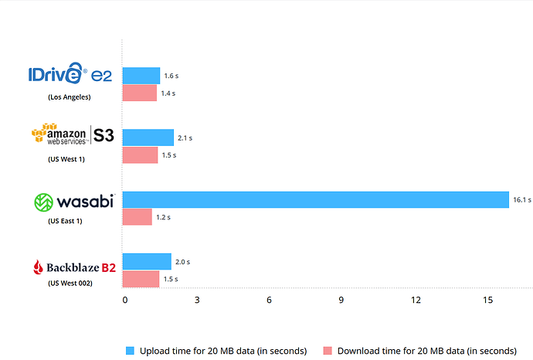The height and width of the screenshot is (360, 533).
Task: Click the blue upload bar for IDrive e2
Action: tap(141, 75)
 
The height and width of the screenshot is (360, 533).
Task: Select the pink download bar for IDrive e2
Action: tap(140, 93)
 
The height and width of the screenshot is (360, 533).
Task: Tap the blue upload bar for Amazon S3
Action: tap(148, 138)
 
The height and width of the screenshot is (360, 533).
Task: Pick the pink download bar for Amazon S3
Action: tap(141, 155)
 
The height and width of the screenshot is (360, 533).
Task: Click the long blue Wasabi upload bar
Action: tap(316, 199)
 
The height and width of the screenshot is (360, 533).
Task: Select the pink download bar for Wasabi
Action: tap(137, 217)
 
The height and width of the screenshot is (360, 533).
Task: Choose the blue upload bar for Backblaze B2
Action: tap(147, 261)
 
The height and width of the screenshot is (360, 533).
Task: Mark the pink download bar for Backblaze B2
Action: tap(141, 279)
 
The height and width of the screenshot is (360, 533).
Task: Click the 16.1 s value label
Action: tap(522, 200)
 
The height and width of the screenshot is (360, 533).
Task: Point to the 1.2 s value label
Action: tap(163, 217)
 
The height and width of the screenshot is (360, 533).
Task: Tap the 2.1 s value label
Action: tap(185, 138)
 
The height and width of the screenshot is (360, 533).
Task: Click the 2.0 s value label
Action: tap(182, 262)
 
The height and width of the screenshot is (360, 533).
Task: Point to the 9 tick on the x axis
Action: tap(341, 300)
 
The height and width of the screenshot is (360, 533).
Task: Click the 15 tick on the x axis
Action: tap(487, 300)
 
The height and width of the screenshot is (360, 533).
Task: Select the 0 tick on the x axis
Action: tap(125, 300)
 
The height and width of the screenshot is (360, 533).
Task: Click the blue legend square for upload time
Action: tap(130, 351)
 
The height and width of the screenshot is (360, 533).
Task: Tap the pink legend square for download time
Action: tap(328, 351)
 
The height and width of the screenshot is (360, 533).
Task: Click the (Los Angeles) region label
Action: tap(70, 97)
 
